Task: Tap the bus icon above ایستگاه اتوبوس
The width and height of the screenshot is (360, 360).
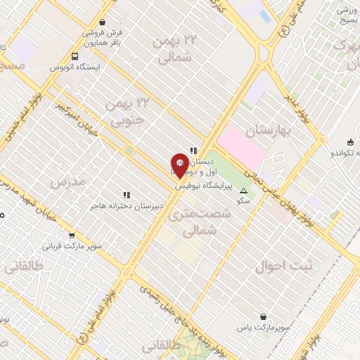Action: [75, 56]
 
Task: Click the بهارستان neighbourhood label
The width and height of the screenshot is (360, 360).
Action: [267, 131]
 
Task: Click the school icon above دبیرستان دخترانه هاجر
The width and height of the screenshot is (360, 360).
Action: [127, 195]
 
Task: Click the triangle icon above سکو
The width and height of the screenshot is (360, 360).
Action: [244, 191]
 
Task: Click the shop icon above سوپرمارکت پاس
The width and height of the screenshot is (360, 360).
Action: [264, 317]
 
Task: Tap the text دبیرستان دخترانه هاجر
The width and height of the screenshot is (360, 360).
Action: [127, 205]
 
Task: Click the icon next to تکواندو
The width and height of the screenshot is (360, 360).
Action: [350, 142]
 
